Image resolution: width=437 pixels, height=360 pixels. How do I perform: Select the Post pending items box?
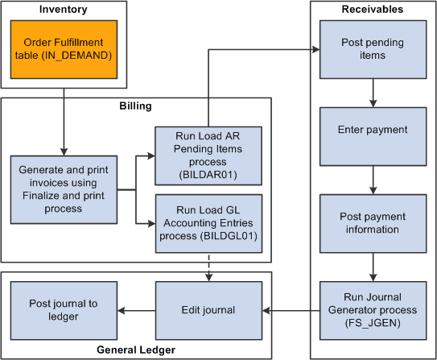point(373,49)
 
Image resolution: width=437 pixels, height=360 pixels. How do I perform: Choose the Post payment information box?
point(373,222)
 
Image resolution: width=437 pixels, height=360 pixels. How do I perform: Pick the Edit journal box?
point(208,310)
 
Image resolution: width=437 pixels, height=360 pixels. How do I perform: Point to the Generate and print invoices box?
point(63,190)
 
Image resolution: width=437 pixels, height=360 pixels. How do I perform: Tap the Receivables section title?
point(372,9)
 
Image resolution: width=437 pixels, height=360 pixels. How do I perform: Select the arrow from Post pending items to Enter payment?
point(373,93)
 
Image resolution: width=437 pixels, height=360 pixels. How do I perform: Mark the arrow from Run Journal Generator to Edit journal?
point(291,310)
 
